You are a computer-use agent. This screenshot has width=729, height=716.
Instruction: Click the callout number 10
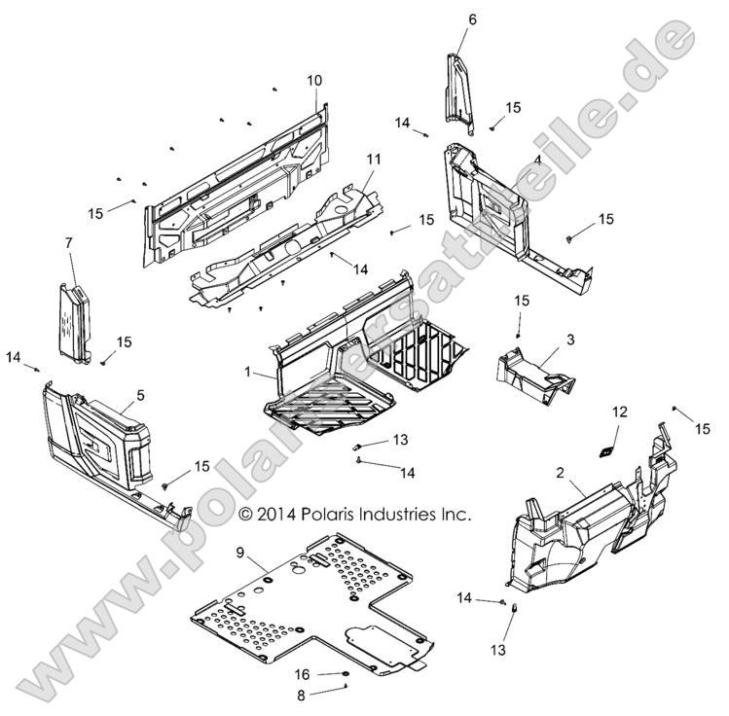(x=314, y=80)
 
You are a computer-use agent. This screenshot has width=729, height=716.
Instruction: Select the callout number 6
(x=473, y=19)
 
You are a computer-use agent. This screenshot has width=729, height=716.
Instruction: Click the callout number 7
(x=69, y=241)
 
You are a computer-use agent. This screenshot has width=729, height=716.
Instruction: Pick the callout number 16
(x=303, y=673)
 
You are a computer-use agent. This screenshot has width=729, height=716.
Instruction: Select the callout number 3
(x=570, y=339)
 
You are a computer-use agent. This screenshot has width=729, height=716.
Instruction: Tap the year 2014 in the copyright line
(x=274, y=514)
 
